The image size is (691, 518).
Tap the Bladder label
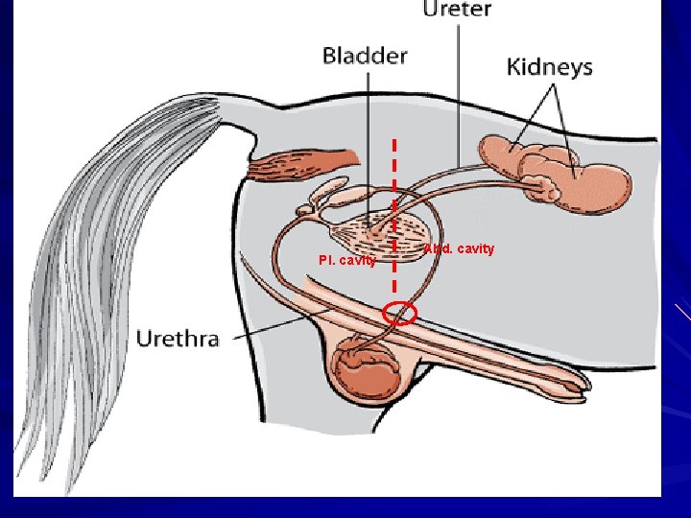pyautogui.click(x=364, y=55)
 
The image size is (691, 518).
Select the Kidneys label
pyautogui.click(x=549, y=67)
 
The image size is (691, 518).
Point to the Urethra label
pyautogui.click(x=178, y=338)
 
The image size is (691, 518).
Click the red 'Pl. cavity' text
pyautogui.click(x=346, y=260)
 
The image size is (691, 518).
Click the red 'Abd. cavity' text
pyautogui.click(x=460, y=249)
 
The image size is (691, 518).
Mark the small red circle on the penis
pyautogui.click(x=399, y=314)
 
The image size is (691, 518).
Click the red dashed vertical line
pyautogui.click(x=394, y=192)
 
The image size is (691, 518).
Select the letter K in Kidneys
pyautogui.click(x=513, y=67)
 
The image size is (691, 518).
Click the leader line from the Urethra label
pyautogui.click(x=278, y=325)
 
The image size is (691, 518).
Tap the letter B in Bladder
pyautogui.click(x=328, y=55)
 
